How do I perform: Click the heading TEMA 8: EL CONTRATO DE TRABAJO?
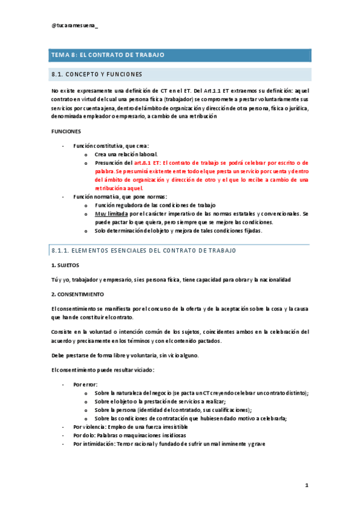click(108, 55)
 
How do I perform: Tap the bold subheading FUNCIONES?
click(67, 131)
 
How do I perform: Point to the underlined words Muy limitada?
click(111, 214)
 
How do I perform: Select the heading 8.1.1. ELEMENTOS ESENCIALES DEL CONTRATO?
click(144, 250)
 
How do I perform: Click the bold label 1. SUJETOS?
click(65, 265)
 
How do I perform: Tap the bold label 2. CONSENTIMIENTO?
click(78, 294)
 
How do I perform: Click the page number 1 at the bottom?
click(307, 485)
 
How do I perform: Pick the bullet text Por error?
click(86, 384)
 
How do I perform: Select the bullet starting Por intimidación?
click(168, 444)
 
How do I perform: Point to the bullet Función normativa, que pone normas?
click(120, 197)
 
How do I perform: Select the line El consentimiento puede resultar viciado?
click(103, 369)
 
